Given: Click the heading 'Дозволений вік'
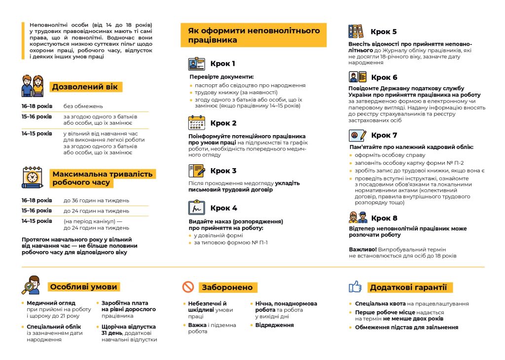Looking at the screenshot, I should tap(85, 87).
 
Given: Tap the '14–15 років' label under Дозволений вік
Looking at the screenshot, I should tap(36, 134).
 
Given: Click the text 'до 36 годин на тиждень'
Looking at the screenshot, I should tap(96, 201).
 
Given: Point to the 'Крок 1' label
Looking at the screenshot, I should tap(222, 64).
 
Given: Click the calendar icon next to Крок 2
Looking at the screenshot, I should tap(196, 123).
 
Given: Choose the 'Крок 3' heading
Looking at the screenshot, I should tap(223, 171).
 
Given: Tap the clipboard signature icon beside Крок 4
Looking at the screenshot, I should tap(196, 208).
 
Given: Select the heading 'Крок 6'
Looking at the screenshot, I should tap(384, 77).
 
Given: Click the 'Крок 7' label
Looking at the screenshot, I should tap(384, 135).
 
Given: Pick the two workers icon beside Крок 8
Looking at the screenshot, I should tap(358, 217).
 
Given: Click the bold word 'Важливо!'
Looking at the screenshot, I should tap(362, 250).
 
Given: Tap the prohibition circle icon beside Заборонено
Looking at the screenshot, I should tap(188, 287).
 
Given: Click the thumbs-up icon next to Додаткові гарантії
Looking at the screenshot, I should tap(355, 287).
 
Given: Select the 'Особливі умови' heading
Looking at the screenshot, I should tap(83, 287).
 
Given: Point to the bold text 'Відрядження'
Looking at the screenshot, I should tap(274, 325).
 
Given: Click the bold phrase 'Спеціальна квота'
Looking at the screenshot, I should tap(380, 304).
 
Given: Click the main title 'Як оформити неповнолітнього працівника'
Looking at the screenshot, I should tap(253, 36).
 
